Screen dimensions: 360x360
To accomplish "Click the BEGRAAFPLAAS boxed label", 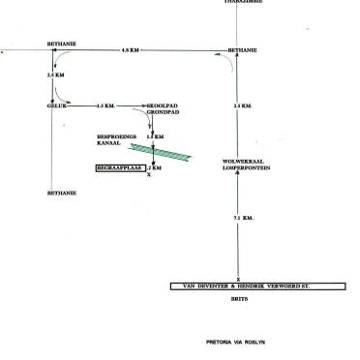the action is pos(119,167).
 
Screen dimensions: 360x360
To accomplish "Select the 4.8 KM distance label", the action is pos(129,49).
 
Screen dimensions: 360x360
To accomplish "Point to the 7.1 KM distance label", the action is pos(243,218).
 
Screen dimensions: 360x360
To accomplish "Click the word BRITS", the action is pos(238,301).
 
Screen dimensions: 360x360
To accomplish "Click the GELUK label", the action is pos(54,105).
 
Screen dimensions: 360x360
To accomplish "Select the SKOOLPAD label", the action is pos(159,105).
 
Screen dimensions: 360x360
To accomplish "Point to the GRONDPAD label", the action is pos(159,112).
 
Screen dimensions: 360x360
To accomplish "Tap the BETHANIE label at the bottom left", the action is pos(61,194).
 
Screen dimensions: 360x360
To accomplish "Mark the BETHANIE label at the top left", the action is pos(61,45).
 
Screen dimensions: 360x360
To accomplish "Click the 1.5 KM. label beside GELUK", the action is pos(106,105).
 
